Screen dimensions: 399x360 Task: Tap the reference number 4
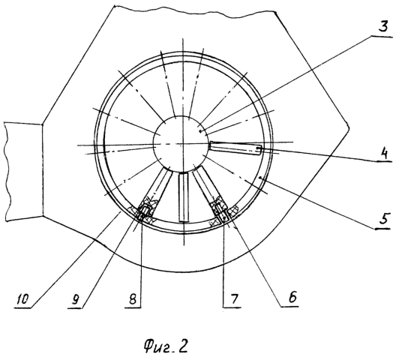(384, 154)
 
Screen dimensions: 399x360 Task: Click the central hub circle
(181, 144)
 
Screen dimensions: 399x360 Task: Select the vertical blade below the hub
(184, 197)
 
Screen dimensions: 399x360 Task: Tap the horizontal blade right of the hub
(235, 148)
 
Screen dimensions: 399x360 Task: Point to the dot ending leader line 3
(201, 131)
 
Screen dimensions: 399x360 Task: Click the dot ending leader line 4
(259, 148)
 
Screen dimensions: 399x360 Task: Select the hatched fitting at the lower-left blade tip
(144, 211)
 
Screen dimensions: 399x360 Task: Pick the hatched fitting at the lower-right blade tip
(223, 211)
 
